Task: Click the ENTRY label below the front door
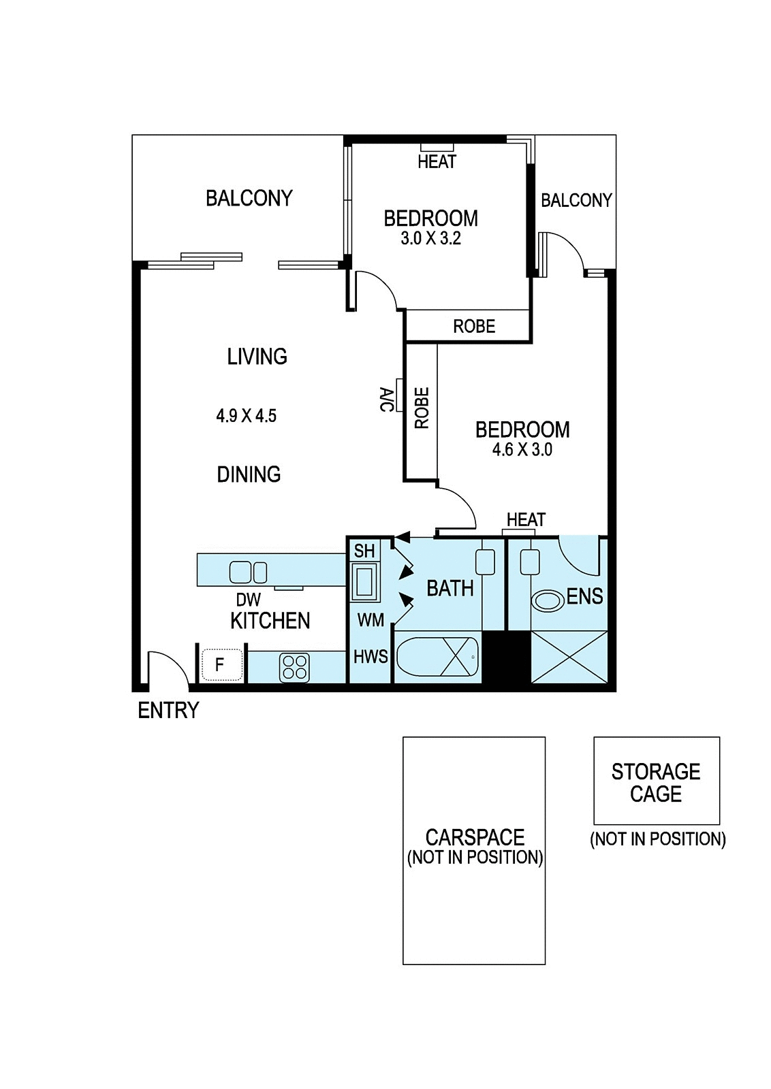pyautogui.click(x=168, y=711)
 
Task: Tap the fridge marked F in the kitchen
pyautogui.click(x=221, y=664)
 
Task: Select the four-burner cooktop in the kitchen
pyautogui.click(x=294, y=667)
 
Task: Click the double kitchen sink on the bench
pyautogui.click(x=248, y=572)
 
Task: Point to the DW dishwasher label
pyautogui.click(x=249, y=600)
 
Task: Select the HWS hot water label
pyautogui.click(x=371, y=657)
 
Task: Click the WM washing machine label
pyautogui.click(x=371, y=620)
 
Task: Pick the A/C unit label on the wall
pyautogui.click(x=387, y=400)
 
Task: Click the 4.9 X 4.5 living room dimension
pyautogui.click(x=246, y=416)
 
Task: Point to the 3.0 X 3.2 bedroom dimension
pyautogui.click(x=430, y=239)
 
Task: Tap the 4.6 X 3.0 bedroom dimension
pyautogui.click(x=522, y=450)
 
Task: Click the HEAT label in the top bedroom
pyautogui.click(x=437, y=161)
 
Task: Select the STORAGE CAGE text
pyautogui.click(x=656, y=783)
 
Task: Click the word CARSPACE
pyautogui.click(x=475, y=838)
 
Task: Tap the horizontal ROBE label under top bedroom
pyautogui.click(x=474, y=326)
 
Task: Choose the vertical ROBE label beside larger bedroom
pyautogui.click(x=422, y=408)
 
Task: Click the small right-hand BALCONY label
pyautogui.click(x=576, y=200)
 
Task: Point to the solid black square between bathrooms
pyautogui.click(x=506, y=657)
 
